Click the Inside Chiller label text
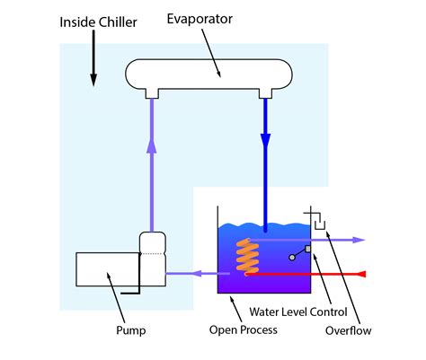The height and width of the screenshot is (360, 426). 99,21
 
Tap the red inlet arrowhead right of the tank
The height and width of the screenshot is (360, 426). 362,272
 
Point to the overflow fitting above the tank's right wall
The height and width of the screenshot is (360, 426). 314,218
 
